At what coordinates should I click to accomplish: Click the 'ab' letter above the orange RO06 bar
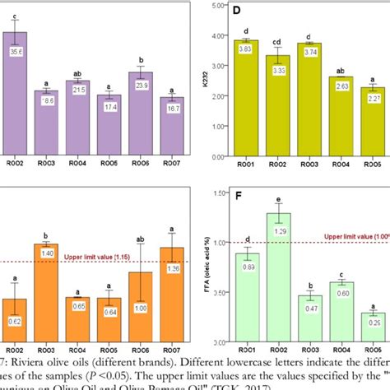click(x=141, y=241)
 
